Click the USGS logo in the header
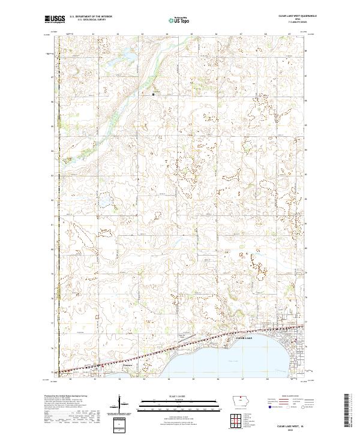coord(55,19)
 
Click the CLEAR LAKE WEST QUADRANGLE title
coord(294,16)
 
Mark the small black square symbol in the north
coord(153,94)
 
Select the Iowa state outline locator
coord(242,404)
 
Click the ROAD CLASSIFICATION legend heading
coord(289,396)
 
